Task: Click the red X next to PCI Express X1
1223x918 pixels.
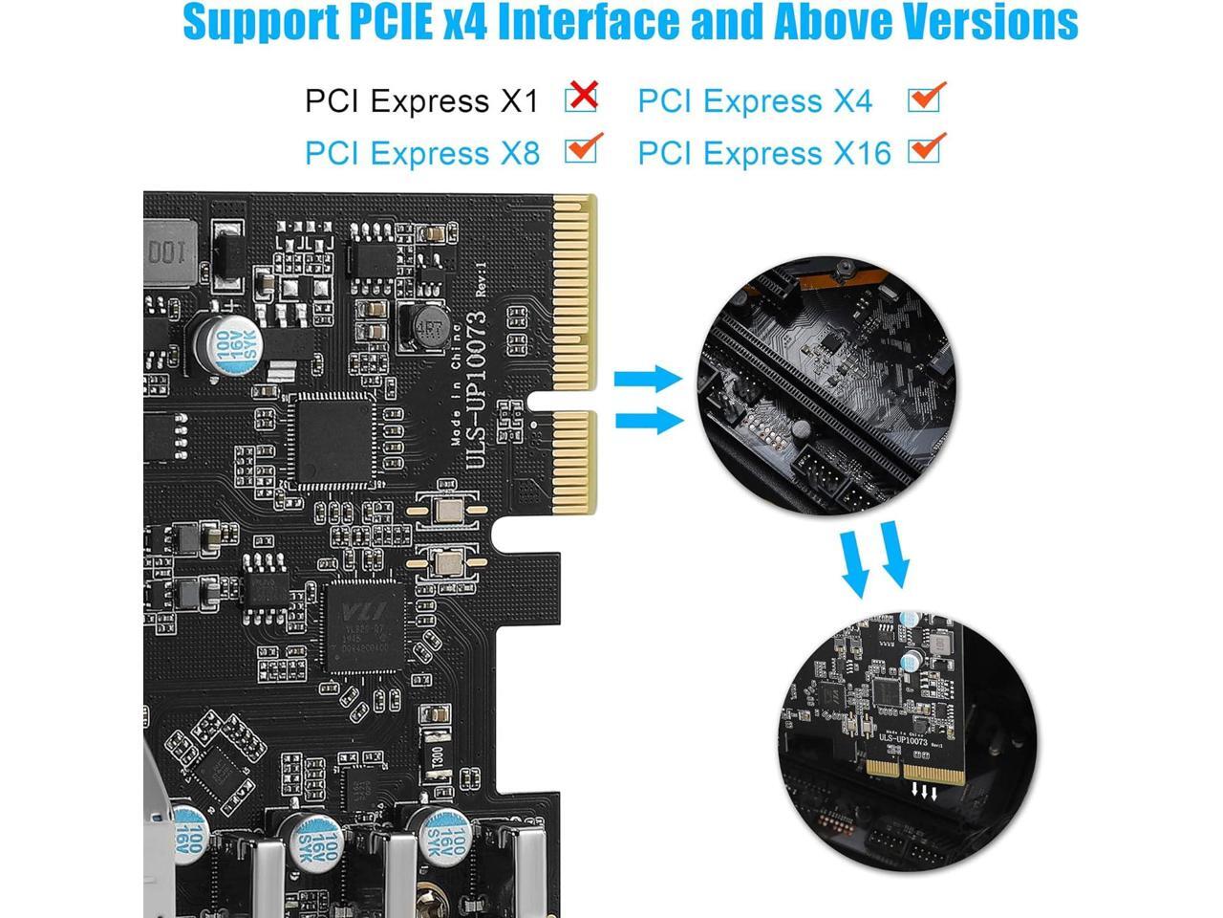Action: (x=581, y=97)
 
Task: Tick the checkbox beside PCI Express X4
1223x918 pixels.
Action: (x=925, y=98)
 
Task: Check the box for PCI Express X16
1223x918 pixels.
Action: (x=925, y=149)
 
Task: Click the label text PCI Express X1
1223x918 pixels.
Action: (x=421, y=101)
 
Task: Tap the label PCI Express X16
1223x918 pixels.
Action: (x=763, y=153)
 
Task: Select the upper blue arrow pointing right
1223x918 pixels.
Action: (x=647, y=379)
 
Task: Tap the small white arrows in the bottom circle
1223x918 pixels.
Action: (x=924, y=790)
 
